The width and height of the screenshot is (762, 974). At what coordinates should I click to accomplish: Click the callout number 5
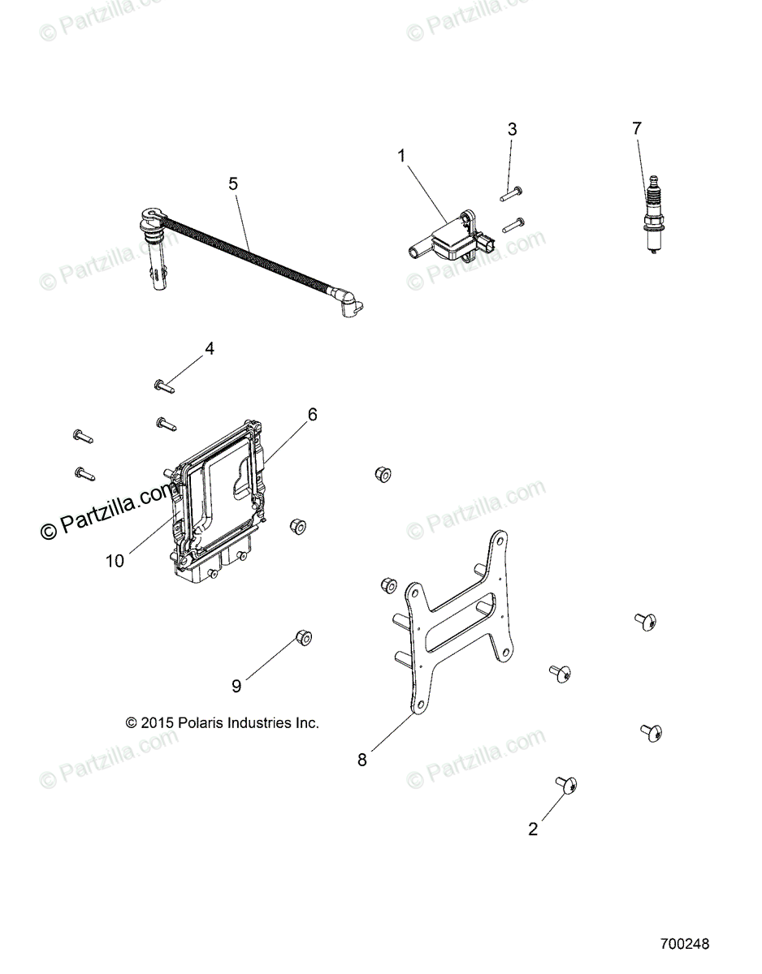click(x=233, y=184)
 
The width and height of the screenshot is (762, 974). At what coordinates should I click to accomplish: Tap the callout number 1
click(x=401, y=156)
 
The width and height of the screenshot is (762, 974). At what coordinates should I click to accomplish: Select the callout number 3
click(x=512, y=129)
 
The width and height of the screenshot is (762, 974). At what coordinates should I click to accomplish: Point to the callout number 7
click(x=637, y=128)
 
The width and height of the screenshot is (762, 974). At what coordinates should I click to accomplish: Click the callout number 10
click(x=115, y=561)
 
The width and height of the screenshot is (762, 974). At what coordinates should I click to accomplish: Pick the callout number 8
click(x=362, y=760)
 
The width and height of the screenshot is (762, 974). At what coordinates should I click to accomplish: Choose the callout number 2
click(x=533, y=830)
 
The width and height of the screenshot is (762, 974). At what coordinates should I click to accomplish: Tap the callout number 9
click(x=236, y=687)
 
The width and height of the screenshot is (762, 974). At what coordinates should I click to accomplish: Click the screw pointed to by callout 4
click(x=164, y=385)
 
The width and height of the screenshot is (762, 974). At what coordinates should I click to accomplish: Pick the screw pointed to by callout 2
click(x=567, y=784)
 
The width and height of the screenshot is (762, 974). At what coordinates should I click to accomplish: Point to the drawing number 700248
click(x=685, y=946)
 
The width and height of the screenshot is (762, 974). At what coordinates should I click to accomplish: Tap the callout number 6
click(x=312, y=415)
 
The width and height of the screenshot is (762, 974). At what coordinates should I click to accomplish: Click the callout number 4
click(x=210, y=349)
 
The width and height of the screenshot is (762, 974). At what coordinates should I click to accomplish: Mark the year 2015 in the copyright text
click(x=158, y=722)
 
